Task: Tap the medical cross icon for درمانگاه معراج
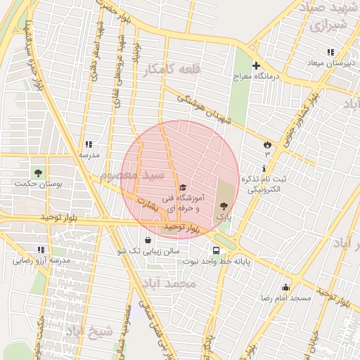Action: pyautogui.click(x=256, y=65)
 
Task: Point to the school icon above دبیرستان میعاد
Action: pyautogui.click(x=330, y=52)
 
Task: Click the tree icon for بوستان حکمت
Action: pyautogui.click(x=38, y=172)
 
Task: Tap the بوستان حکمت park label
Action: pyautogui.click(x=39, y=184)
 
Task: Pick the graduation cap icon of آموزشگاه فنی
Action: pyautogui.click(x=183, y=187)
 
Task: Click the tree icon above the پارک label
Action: pyautogui.click(x=224, y=206)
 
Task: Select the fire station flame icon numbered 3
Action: pyautogui.click(x=267, y=144)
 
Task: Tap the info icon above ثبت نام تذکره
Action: pyautogui.click(x=264, y=169)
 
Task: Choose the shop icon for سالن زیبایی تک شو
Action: pyautogui.click(x=147, y=240)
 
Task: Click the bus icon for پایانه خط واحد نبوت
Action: pyautogui.click(x=215, y=250)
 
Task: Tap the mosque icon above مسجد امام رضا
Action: pyautogui.click(x=285, y=287)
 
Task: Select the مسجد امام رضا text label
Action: pyautogui.click(x=285, y=298)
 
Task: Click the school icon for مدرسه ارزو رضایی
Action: pyautogui.click(x=40, y=250)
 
